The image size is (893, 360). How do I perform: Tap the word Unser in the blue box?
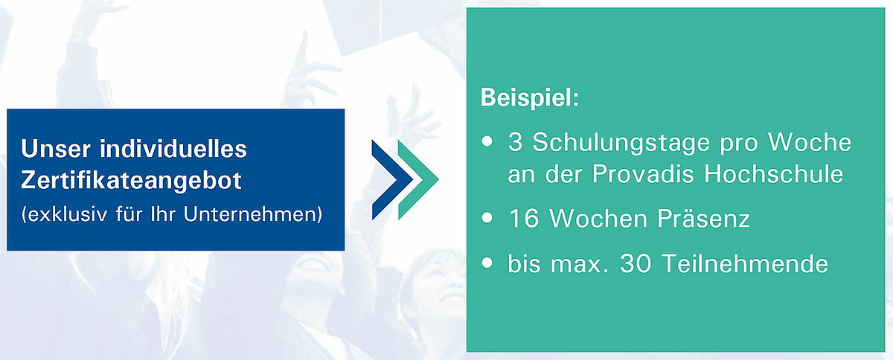tap(56, 149)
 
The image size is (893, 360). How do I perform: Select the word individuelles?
tap(173, 148)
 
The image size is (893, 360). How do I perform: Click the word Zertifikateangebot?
tap(131, 181)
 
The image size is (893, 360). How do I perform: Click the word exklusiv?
tap(68, 215)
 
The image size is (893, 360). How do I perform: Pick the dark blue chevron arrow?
tap(392, 180)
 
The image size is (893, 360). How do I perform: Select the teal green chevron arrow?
tap(418, 180)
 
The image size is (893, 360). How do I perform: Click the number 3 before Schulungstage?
tap(515, 142)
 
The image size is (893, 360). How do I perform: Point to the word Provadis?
tap(643, 173)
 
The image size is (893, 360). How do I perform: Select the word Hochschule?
tap(773, 173)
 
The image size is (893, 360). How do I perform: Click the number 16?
tap(523, 219)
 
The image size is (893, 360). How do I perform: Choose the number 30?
tap(636, 263)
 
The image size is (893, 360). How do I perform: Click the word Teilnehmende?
tap(745, 263)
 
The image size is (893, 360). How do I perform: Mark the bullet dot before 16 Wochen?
tap(487, 218)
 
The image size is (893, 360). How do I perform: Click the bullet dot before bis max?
tap(487, 263)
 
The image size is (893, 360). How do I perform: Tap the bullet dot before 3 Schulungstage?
tap(487, 141)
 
